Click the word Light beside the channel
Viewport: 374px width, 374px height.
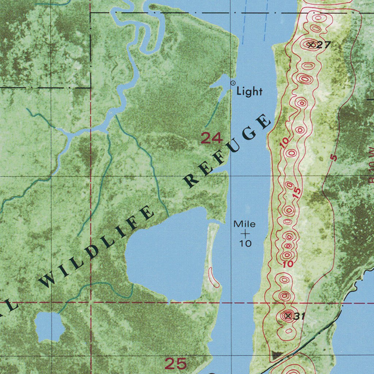click(249, 91)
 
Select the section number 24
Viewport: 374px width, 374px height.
click(211, 138)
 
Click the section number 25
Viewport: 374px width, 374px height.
click(176, 363)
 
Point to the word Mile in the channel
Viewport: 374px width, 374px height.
click(245, 224)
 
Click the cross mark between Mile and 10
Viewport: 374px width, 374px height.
click(245, 233)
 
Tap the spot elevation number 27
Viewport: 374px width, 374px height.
click(324, 45)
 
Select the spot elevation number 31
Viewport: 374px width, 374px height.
click(299, 316)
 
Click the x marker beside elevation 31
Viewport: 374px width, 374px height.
click(289, 316)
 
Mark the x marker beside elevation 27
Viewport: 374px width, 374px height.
click(311, 45)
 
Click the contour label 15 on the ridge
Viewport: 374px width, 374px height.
click(297, 192)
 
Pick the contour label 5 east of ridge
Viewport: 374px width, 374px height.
click(333, 158)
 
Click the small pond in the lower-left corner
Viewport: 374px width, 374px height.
click(49, 326)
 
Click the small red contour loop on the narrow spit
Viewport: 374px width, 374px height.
click(213, 276)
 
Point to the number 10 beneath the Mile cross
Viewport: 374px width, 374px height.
click(246, 243)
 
